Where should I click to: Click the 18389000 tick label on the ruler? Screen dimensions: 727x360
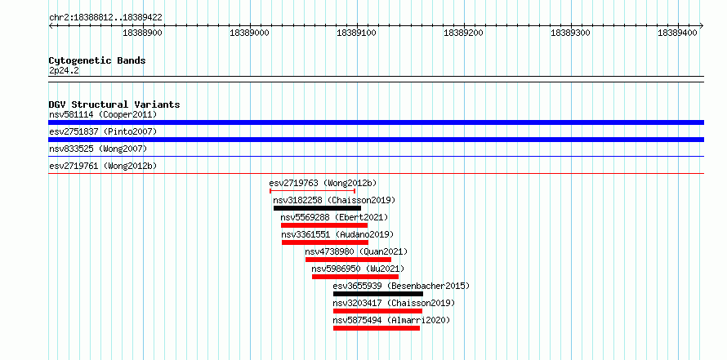click(249, 33)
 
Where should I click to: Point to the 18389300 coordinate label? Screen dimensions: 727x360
click(570, 33)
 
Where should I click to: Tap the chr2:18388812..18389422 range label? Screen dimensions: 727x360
click(105, 18)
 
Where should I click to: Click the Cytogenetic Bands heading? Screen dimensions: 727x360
click(97, 60)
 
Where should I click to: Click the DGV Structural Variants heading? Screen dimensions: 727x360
click(114, 104)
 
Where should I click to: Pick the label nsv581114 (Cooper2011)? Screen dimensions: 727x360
click(103, 114)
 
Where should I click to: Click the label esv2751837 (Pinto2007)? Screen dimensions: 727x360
click(103, 131)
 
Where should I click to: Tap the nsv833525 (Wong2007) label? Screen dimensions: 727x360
click(98, 149)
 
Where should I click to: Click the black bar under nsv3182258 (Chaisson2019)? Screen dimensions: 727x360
click(317, 208)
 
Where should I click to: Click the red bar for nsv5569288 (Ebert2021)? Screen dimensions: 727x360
click(324, 225)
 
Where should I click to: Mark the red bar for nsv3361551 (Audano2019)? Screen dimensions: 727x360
click(325, 242)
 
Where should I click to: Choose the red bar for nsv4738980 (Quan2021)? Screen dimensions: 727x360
click(348, 260)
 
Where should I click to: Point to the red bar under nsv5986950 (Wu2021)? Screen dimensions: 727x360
click(355, 277)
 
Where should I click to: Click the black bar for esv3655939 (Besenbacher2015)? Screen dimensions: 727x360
click(378, 294)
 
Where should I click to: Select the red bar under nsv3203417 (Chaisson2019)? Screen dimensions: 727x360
click(377, 311)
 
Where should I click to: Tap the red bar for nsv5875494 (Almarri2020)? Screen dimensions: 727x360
click(377, 328)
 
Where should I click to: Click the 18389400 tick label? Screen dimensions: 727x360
click(677, 33)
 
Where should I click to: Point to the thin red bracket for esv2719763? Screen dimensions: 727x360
click(313, 190)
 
